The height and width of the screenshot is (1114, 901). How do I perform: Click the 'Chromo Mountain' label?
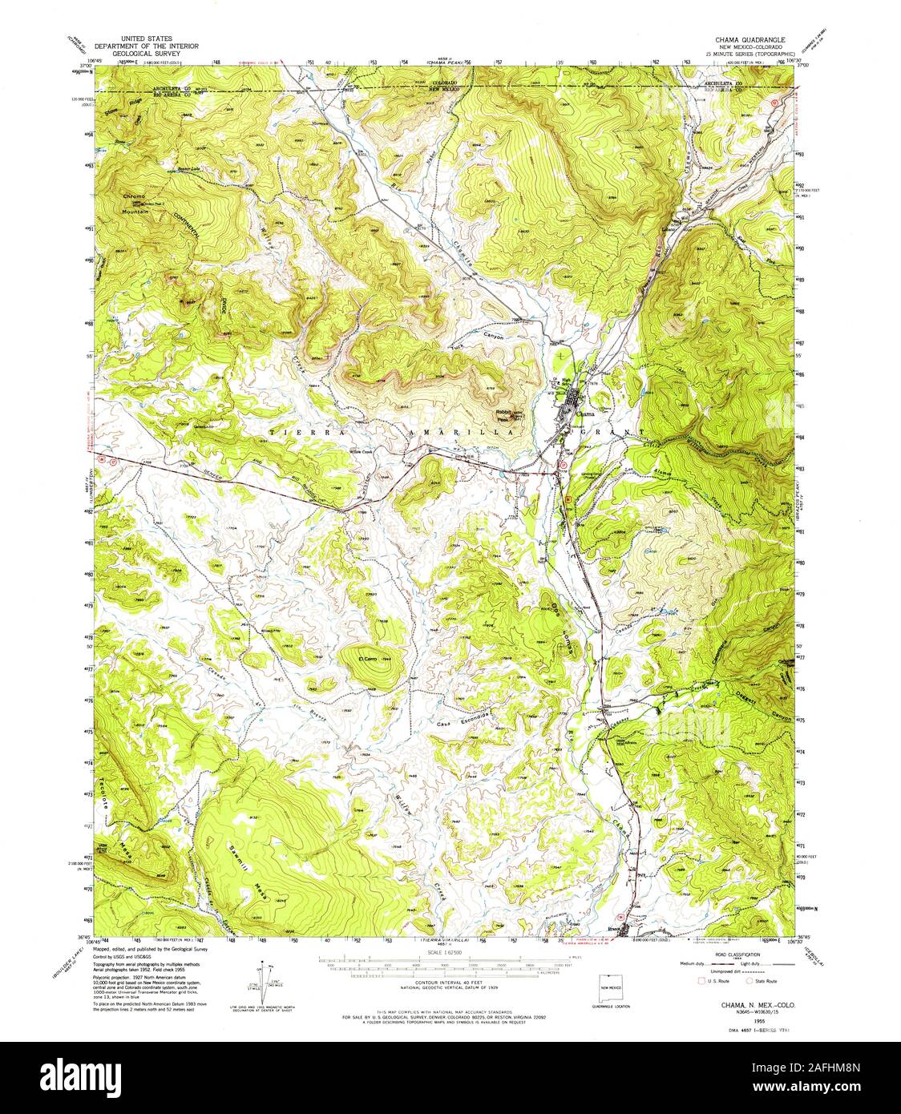[135, 204]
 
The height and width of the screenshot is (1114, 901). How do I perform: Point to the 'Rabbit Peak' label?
[503, 415]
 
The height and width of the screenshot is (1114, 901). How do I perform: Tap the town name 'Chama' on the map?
[586, 414]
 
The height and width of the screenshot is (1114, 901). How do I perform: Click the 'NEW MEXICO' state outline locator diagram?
[612, 983]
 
